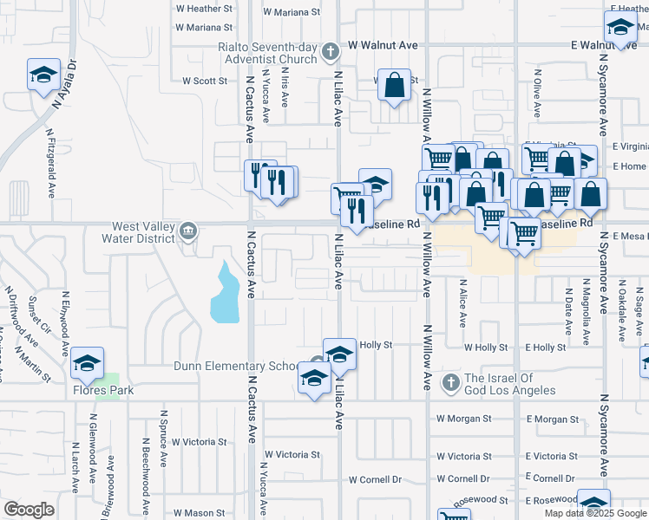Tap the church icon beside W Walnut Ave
329,53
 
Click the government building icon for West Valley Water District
188,231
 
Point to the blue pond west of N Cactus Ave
224,295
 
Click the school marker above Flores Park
87,364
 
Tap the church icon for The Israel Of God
450,382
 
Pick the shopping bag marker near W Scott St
394,86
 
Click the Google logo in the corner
29,510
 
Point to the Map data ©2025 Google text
594,513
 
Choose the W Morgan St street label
464,419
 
